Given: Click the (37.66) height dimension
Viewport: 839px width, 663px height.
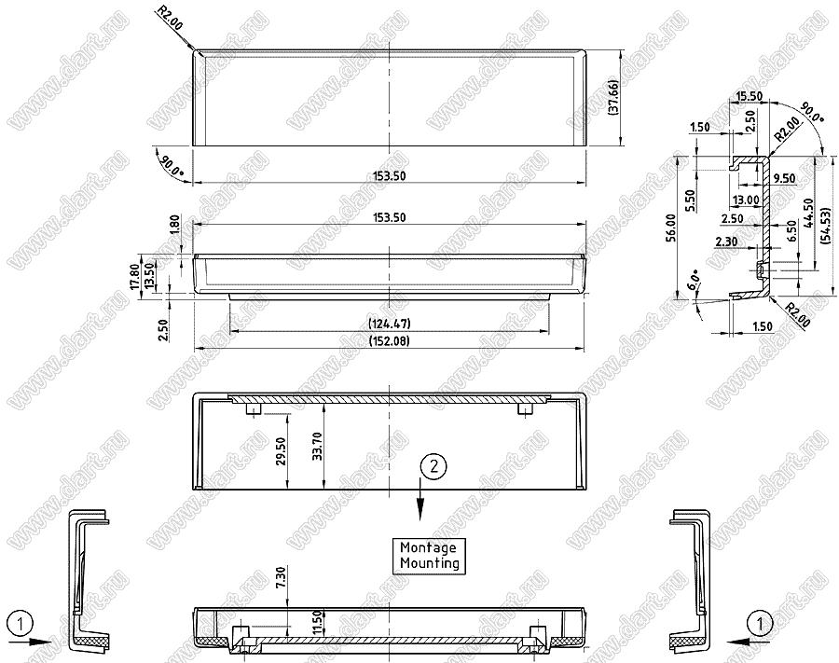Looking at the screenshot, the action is [x=613, y=97].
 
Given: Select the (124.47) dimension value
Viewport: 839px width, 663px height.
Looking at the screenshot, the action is [x=389, y=324].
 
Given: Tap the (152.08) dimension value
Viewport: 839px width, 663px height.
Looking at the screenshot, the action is [x=389, y=341].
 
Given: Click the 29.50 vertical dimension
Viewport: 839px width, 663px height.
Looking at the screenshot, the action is [x=282, y=450].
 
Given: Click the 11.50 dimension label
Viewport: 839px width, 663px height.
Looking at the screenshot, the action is [x=316, y=624].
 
